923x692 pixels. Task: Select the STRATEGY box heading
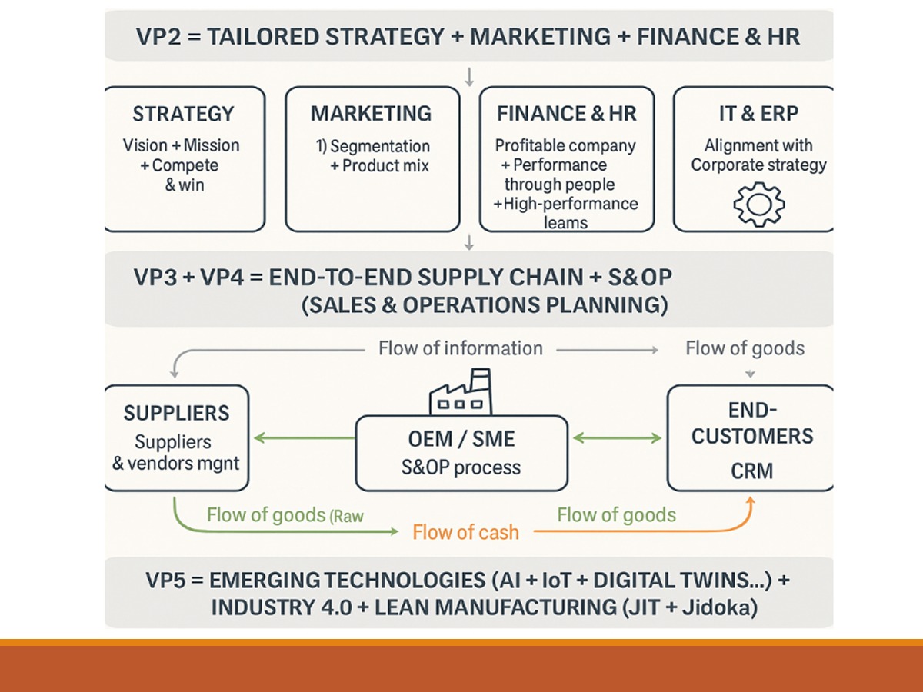click(x=183, y=115)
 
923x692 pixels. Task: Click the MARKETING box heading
click(x=372, y=115)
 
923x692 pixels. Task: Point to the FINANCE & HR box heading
click(x=567, y=115)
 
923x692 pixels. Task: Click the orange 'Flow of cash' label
click(x=465, y=532)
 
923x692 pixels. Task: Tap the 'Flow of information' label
click(x=460, y=348)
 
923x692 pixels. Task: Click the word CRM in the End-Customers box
click(x=751, y=470)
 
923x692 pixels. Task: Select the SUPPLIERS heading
click(x=176, y=413)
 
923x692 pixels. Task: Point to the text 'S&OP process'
click(x=461, y=467)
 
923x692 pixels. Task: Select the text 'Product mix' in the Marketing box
click(x=386, y=166)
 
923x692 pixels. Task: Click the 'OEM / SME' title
click(x=461, y=440)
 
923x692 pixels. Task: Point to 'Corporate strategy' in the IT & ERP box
click(x=758, y=165)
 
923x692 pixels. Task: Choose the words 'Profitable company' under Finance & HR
click(x=565, y=145)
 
